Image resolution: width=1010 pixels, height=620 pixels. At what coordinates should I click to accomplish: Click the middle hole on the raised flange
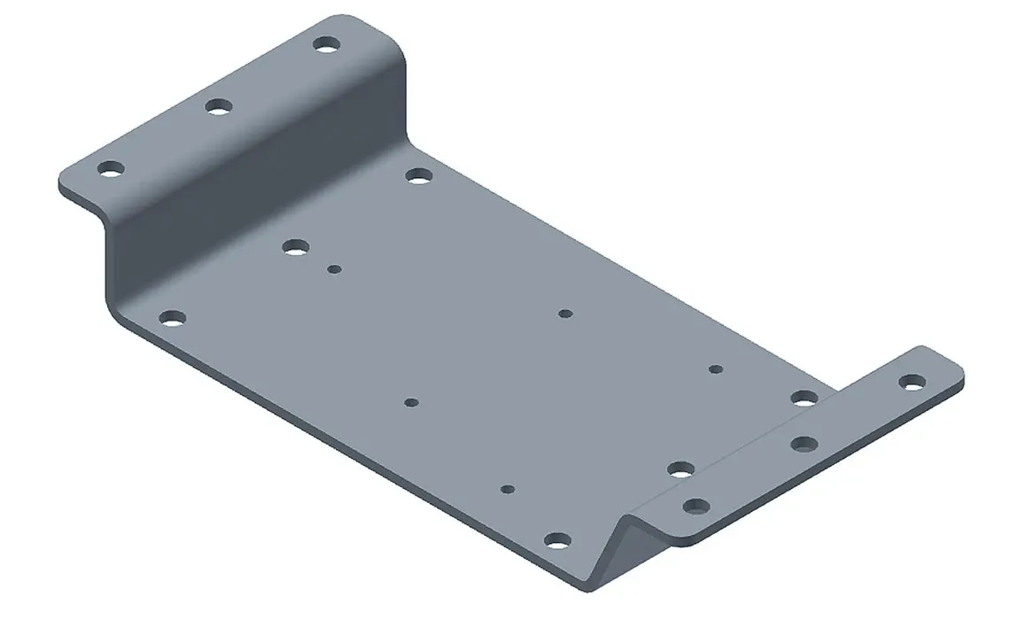[x=218, y=107]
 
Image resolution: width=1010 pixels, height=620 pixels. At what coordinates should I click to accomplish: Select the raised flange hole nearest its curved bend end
[x=326, y=43]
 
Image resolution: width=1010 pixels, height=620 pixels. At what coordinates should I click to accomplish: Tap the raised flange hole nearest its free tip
[x=110, y=168]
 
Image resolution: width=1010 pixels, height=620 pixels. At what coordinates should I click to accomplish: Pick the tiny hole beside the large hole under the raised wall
[x=334, y=269]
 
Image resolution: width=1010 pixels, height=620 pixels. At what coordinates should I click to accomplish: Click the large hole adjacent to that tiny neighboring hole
[x=295, y=247]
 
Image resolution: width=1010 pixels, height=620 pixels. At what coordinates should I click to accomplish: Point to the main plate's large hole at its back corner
[x=418, y=175]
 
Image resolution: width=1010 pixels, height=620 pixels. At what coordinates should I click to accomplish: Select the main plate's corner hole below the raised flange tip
[x=172, y=317]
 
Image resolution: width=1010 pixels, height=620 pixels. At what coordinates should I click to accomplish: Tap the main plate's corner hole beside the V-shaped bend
[x=555, y=539]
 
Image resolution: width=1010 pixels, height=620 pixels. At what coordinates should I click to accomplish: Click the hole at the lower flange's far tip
[x=911, y=382]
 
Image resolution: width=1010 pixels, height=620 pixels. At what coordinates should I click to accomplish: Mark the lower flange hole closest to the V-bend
[x=696, y=507]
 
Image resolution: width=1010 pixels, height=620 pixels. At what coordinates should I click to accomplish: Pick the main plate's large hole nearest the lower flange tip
[x=804, y=398]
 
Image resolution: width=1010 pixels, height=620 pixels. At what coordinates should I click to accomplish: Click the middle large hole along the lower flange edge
[x=680, y=469]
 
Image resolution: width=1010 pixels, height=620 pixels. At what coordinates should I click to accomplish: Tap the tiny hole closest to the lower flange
[x=716, y=368]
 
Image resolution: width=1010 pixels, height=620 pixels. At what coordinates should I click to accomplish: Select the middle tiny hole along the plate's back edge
[x=566, y=314]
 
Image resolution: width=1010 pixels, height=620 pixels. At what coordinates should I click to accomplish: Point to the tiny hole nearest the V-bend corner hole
[x=508, y=488]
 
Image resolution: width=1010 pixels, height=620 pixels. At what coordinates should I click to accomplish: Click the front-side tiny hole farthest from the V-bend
[x=410, y=402]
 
